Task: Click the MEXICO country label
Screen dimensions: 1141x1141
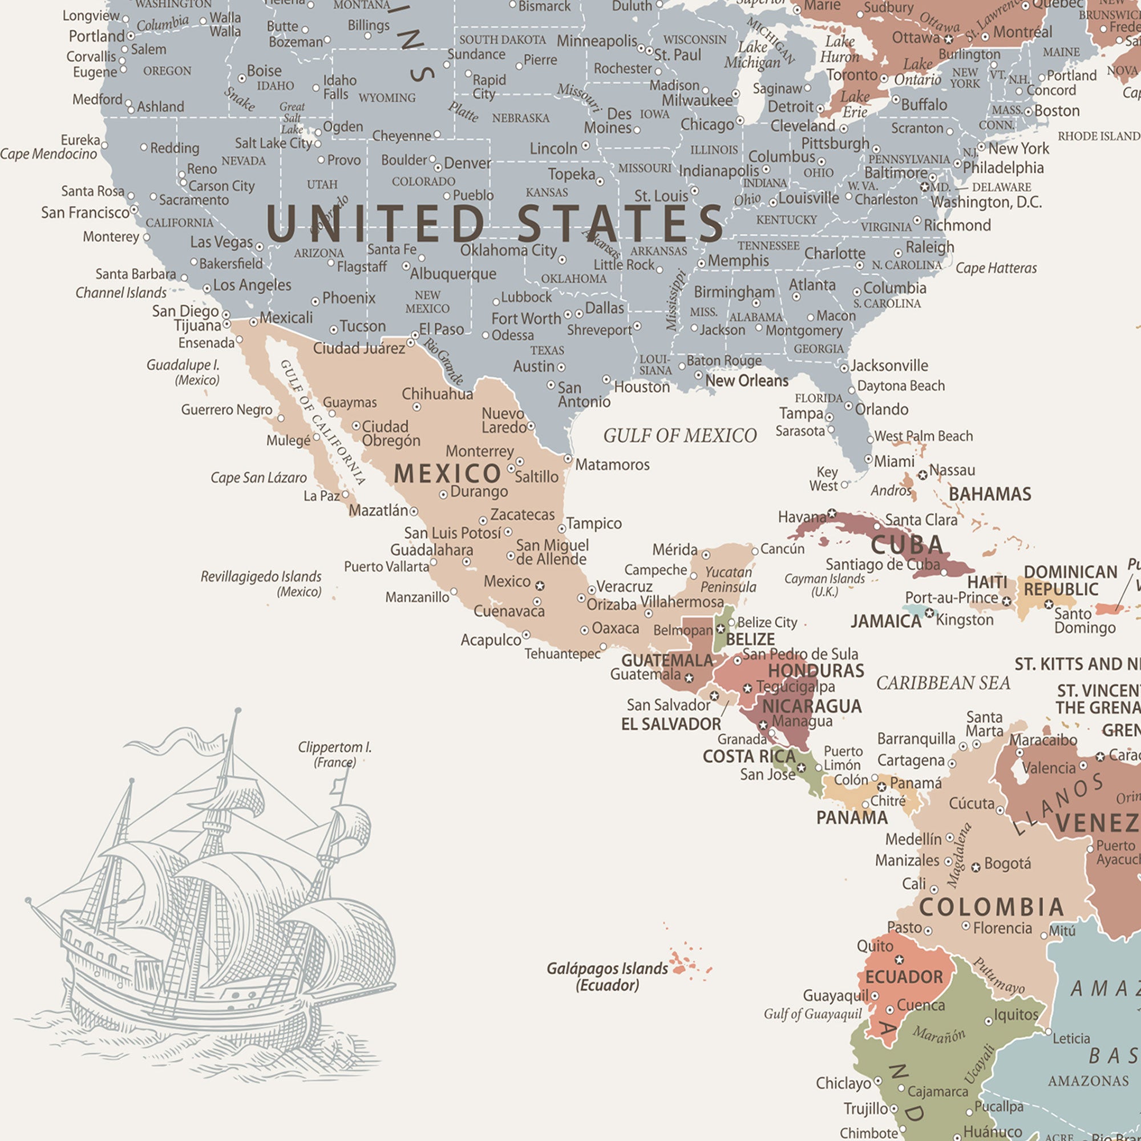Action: pyautogui.click(x=447, y=474)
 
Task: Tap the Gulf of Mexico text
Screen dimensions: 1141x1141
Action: pyautogui.click(x=680, y=436)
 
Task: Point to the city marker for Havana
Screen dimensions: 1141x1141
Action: pyautogui.click(x=832, y=513)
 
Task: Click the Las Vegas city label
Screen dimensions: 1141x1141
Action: pyautogui.click(x=221, y=242)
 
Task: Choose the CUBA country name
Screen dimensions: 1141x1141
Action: pyautogui.click(x=907, y=545)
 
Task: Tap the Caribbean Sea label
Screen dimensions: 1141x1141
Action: pyautogui.click(x=943, y=683)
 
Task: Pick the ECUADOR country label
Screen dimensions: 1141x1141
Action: pyautogui.click(x=904, y=977)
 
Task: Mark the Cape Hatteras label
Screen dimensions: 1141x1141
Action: pyautogui.click(x=996, y=268)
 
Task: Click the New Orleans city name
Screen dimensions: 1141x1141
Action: pyautogui.click(x=746, y=381)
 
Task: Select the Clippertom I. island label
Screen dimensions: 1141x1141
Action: pyautogui.click(x=335, y=754)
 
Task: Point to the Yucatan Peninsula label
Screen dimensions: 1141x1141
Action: pyautogui.click(x=728, y=580)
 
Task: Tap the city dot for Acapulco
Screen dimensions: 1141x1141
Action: pyautogui.click(x=526, y=635)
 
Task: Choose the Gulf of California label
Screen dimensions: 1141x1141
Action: pyautogui.click(x=322, y=422)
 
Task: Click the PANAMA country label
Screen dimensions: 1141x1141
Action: pyautogui.click(x=852, y=818)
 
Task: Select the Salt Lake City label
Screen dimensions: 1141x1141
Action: pyautogui.click(x=273, y=143)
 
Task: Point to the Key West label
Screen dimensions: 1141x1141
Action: pyautogui.click(x=824, y=479)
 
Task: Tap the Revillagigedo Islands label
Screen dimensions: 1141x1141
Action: pyautogui.click(x=261, y=584)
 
